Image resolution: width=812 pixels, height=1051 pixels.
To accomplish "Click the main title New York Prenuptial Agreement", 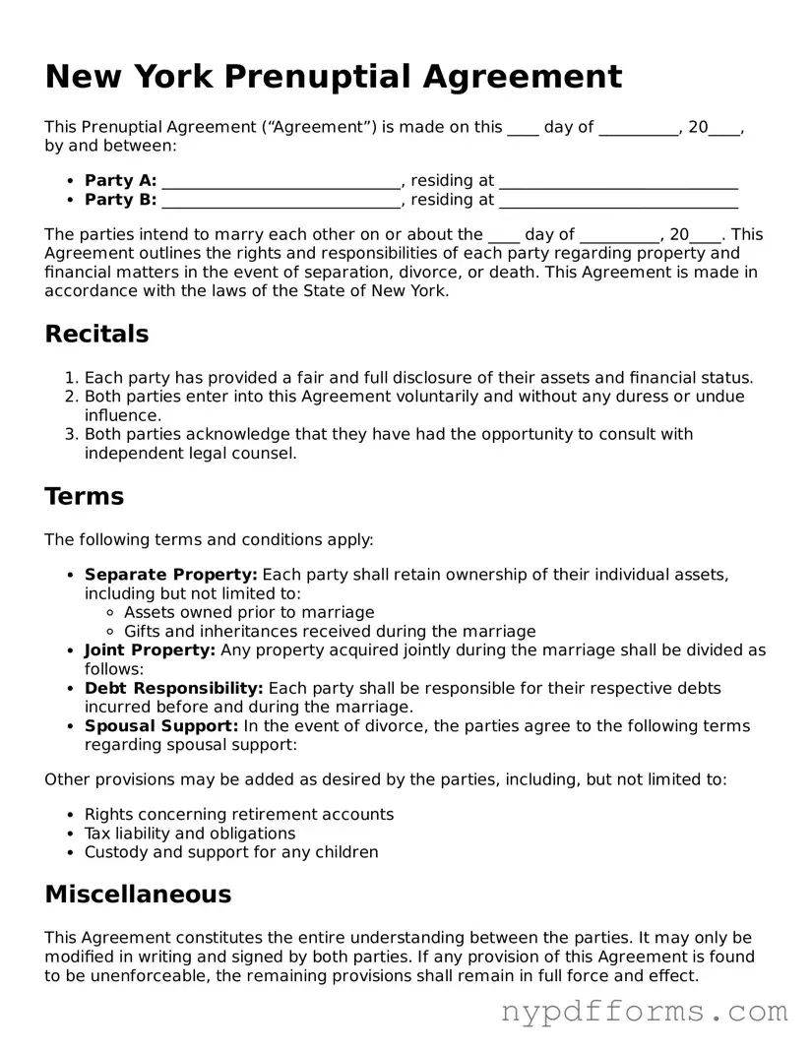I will (334, 77).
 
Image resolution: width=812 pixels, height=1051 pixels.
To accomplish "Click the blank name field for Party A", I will (281, 182).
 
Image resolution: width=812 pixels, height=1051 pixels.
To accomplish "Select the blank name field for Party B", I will (281, 201).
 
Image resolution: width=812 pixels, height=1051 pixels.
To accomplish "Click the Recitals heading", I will (96, 335).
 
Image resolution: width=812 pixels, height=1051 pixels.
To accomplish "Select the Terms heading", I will (85, 496).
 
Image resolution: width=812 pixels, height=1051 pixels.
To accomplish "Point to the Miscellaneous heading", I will (138, 895).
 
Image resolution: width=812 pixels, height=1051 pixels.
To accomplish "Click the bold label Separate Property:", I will (171, 575).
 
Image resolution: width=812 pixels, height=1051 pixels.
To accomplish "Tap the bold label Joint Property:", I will (150, 650).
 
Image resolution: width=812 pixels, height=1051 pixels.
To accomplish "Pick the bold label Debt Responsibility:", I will (173, 688).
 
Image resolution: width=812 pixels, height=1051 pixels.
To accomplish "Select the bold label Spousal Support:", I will (161, 726).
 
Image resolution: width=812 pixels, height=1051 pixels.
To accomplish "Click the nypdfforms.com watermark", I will (645, 1012).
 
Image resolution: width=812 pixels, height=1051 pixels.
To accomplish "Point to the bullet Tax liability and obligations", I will (190, 834).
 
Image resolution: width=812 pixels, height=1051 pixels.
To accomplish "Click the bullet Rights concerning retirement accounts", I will (239, 815).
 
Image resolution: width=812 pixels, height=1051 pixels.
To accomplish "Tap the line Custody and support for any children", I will (231, 852).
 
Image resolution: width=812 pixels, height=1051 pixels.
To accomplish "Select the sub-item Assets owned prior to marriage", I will (249, 613).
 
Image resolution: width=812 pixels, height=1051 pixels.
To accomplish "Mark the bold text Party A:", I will (120, 181).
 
